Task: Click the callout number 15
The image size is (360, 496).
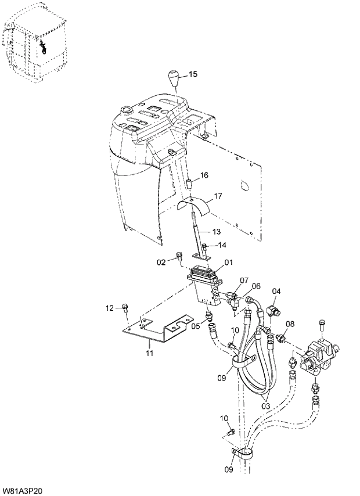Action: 193,74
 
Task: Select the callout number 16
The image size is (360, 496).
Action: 204,175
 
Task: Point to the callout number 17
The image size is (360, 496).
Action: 218,196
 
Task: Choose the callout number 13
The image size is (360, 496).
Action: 216,232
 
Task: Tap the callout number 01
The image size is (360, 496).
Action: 228,263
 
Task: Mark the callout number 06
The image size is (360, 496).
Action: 255,286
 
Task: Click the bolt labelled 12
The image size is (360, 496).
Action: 125,308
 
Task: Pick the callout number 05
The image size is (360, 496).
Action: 196,326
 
